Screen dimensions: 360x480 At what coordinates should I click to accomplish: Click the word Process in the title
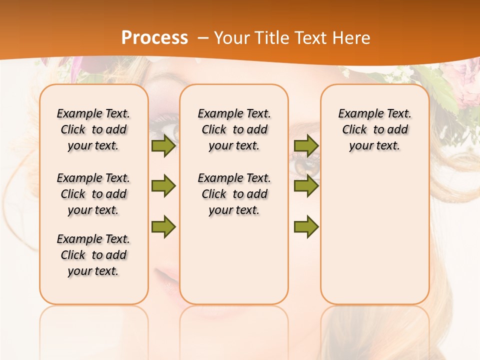click(154, 37)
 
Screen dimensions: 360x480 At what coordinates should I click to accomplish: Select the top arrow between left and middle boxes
click(163, 146)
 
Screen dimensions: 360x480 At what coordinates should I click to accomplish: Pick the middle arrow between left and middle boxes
click(163, 186)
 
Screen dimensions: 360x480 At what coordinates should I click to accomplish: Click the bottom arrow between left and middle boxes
click(163, 226)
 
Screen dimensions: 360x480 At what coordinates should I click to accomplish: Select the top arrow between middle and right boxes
click(306, 145)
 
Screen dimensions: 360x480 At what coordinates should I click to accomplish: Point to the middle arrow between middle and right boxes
click(306, 186)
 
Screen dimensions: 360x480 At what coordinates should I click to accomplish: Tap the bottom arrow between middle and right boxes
click(306, 226)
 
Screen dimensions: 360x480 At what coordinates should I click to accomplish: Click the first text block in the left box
click(93, 129)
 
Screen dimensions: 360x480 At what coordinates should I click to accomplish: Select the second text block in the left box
click(93, 194)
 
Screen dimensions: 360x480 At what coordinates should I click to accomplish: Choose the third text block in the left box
click(93, 255)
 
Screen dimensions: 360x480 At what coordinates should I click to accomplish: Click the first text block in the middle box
click(234, 129)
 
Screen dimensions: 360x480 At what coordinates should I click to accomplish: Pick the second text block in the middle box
click(234, 194)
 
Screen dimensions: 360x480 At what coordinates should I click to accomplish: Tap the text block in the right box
click(374, 129)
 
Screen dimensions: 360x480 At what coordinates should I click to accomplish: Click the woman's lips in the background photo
click(167, 278)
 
